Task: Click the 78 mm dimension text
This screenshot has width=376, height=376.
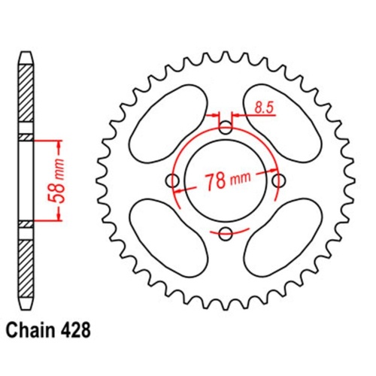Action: point(226,181)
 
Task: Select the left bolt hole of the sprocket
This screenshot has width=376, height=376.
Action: point(172,180)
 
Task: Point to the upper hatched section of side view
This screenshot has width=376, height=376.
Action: point(26,98)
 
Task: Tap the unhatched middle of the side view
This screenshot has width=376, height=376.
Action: point(26,180)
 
